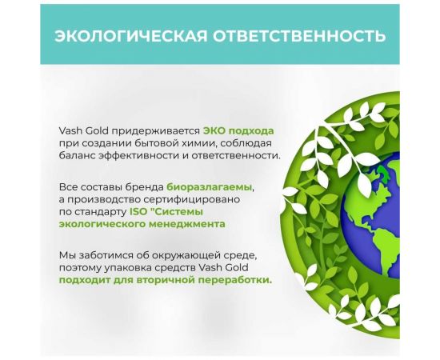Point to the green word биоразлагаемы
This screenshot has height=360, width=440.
coord(210,186)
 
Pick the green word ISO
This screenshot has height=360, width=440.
coord(138,212)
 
